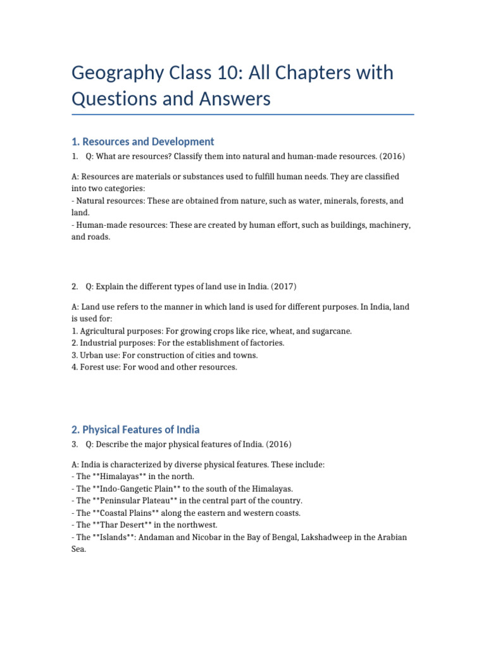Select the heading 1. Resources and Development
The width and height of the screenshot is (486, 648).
(x=142, y=142)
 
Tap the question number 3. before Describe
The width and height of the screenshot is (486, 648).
(x=75, y=443)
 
